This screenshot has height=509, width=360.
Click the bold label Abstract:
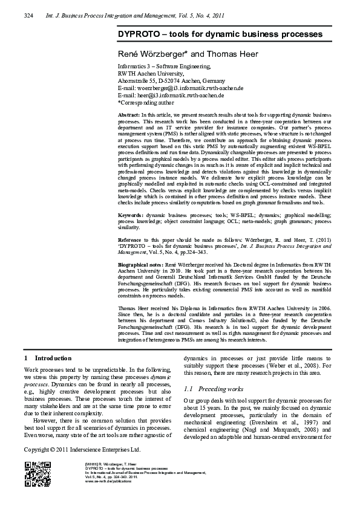tap(128, 115)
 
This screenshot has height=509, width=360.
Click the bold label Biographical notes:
tap(142, 265)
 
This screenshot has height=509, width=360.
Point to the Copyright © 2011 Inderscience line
tap(82, 450)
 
